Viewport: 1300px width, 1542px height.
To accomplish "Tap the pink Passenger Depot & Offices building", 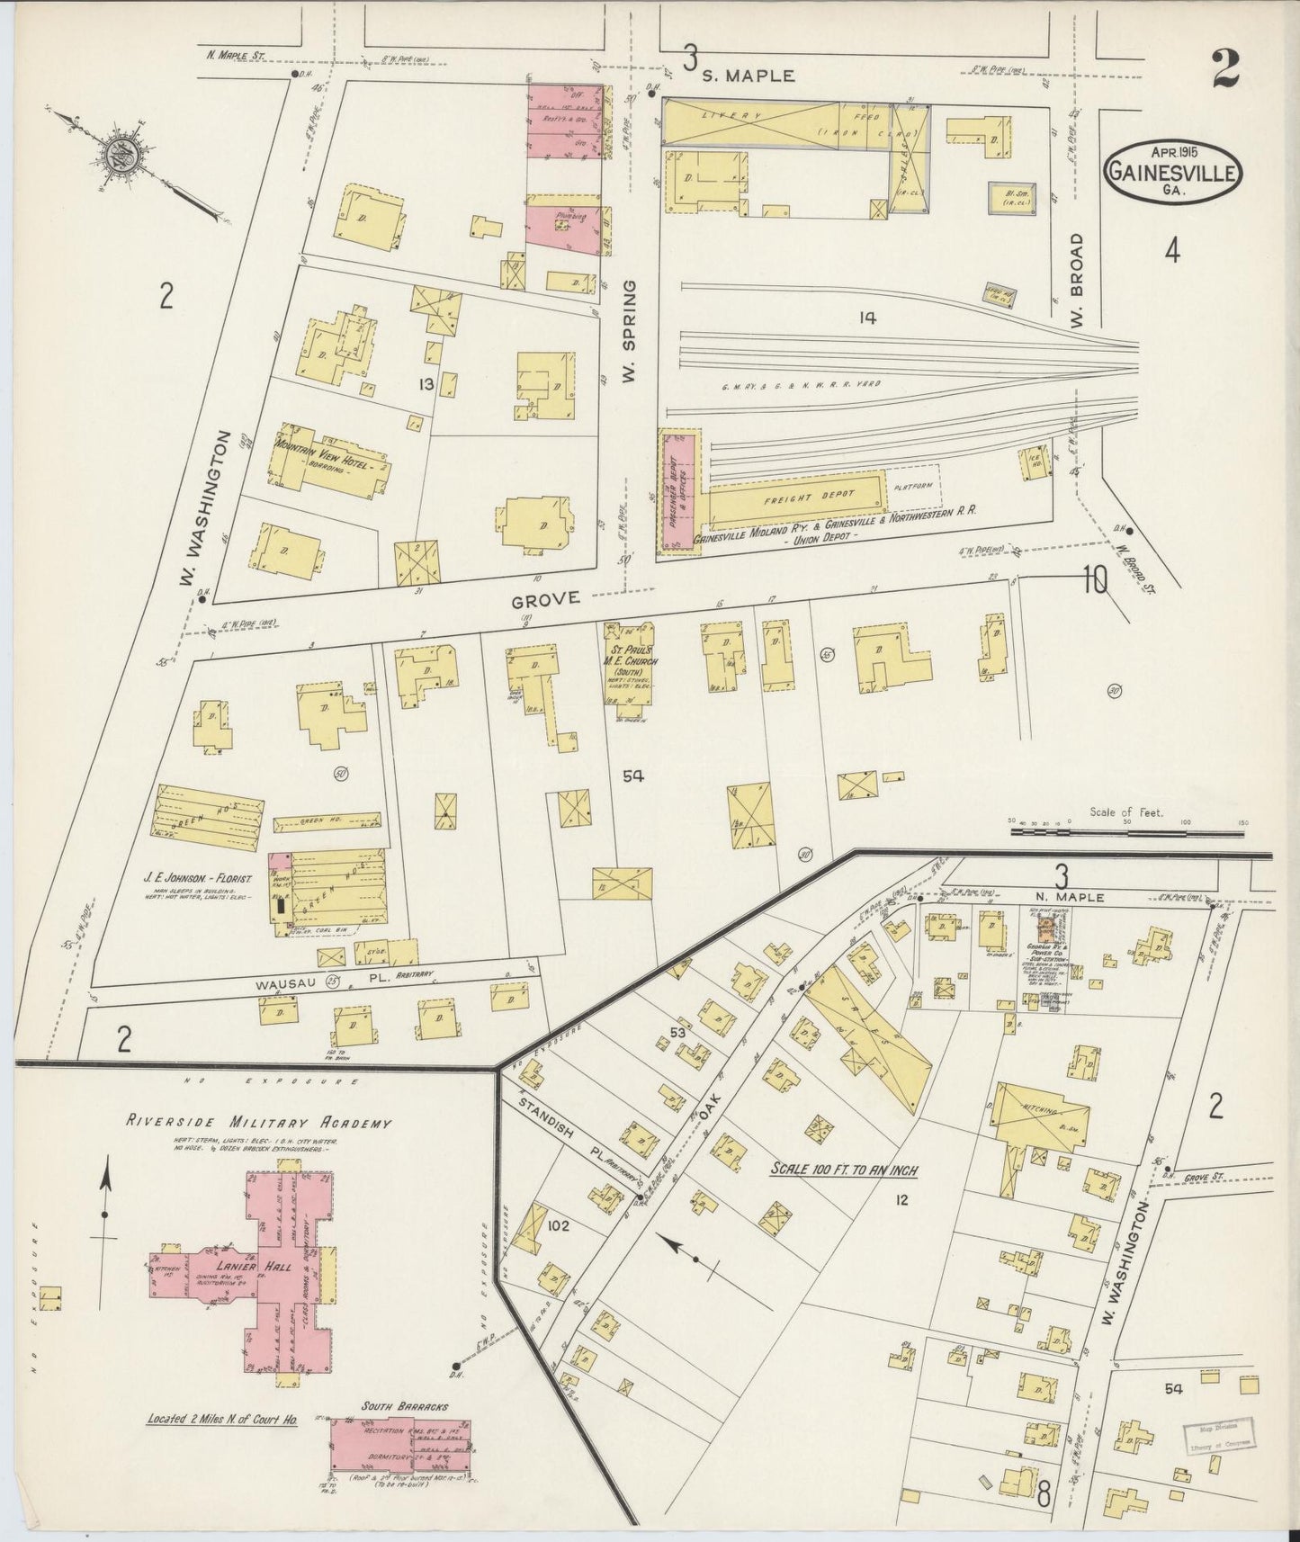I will click(679, 492).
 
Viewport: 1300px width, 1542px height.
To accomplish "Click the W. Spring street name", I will click(629, 330).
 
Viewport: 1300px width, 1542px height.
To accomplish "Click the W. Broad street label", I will click(1080, 282).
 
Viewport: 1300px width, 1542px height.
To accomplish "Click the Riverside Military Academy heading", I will click(258, 1124).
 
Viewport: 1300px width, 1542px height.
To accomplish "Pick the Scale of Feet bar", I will click(1125, 833).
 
